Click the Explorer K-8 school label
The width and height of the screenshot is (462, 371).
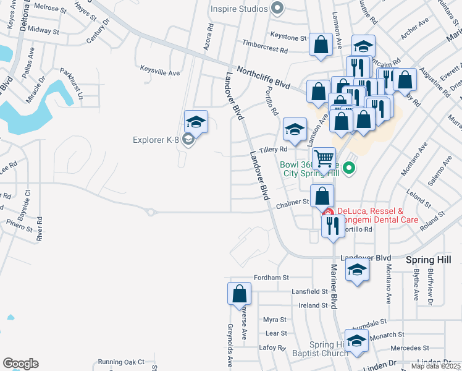(x=156, y=140)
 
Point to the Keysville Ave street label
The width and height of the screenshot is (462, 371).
(x=160, y=72)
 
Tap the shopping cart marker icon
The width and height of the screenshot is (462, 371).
(x=324, y=158)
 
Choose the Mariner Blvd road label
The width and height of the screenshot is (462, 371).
(x=334, y=286)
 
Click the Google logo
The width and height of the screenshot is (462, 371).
(x=20, y=364)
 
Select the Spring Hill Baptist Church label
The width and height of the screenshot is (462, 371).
(x=329, y=349)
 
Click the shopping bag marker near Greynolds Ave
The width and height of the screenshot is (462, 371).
(x=239, y=294)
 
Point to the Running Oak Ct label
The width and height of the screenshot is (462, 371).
(x=120, y=362)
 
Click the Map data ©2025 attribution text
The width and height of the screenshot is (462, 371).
(x=436, y=366)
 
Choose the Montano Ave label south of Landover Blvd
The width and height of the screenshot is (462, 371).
(x=389, y=284)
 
